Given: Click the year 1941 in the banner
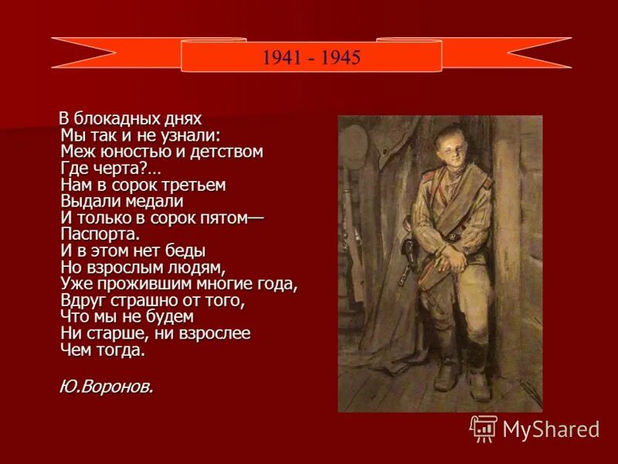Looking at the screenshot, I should (x=278, y=58).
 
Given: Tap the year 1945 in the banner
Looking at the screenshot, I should (x=342, y=58).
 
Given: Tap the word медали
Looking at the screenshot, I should (x=150, y=202).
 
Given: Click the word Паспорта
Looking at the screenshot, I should (x=100, y=234).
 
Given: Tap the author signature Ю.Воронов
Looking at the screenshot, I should (x=106, y=387).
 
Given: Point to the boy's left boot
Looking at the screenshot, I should (x=479, y=383).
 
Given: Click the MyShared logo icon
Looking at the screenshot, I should (x=484, y=428).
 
